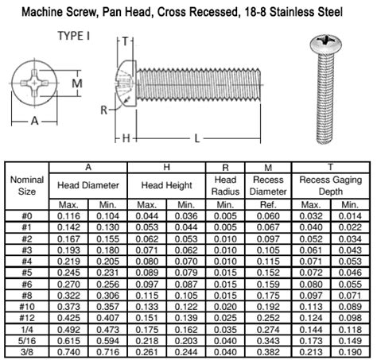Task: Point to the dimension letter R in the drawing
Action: (x=104, y=110)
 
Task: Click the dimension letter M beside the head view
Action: (x=77, y=83)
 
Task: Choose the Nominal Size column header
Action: (x=26, y=184)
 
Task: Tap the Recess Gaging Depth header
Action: (x=325, y=184)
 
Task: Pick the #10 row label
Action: (x=26, y=306)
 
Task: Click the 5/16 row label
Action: (x=26, y=339)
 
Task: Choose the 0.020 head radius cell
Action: (x=223, y=306)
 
